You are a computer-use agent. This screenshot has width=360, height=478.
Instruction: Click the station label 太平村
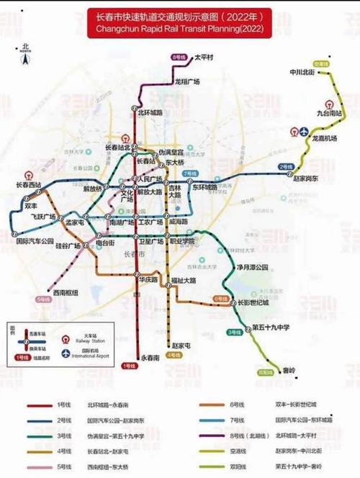tap(206, 56)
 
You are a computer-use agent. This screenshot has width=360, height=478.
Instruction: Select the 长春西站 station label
tap(29, 185)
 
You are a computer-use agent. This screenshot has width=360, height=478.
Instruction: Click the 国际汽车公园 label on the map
tap(35, 240)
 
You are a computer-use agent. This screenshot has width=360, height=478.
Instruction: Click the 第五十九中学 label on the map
tap(271, 327)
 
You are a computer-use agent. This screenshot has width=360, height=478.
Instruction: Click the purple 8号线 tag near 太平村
tap(179, 56)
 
